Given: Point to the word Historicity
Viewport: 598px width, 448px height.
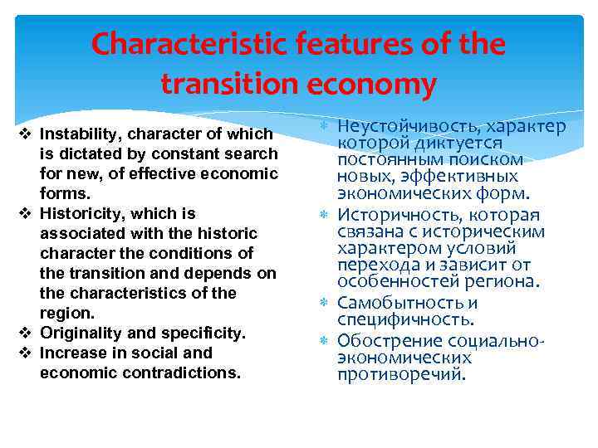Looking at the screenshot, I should [x=76, y=213].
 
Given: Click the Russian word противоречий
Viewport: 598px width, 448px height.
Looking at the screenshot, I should [x=401, y=374].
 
